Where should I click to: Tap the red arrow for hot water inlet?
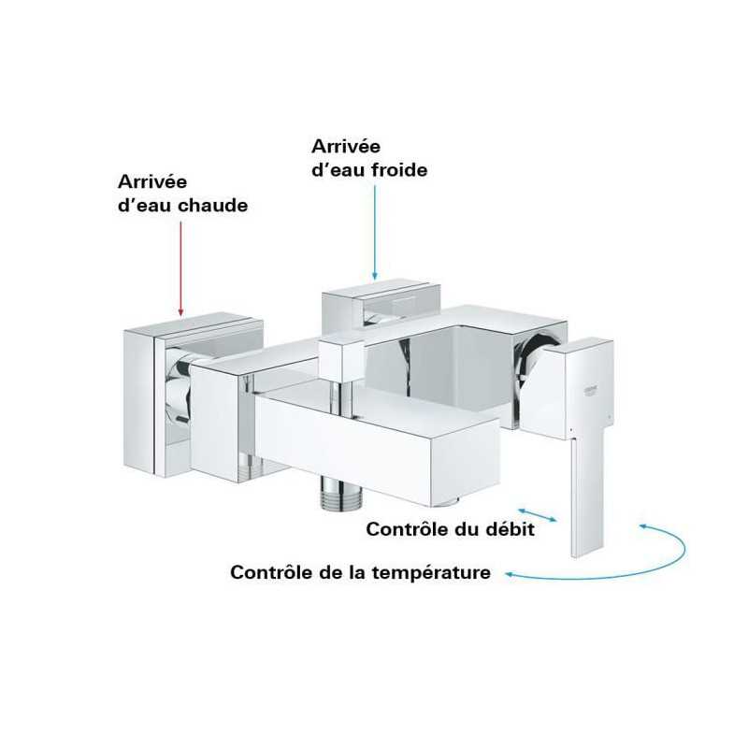pyautogui.click(x=180, y=268)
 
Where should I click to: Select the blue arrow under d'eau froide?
pyautogui.click(x=375, y=232)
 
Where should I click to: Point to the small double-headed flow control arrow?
pyautogui.click(x=538, y=515)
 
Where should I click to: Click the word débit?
pyautogui.click(x=510, y=529)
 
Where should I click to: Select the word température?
pyautogui.click(x=431, y=572)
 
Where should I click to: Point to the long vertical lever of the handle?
pyautogui.click(x=587, y=496)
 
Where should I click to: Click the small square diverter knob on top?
pyautogui.click(x=340, y=359)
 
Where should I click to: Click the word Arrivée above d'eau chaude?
pyautogui.click(x=152, y=181)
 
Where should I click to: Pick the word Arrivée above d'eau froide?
pyautogui.click(x=346, y=146)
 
